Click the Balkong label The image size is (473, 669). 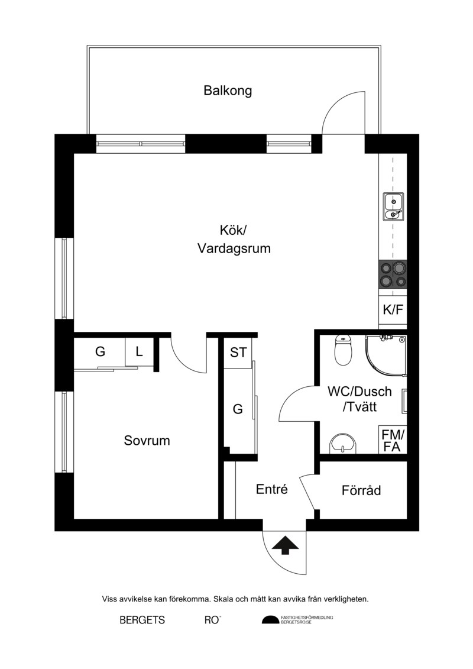[228, 91]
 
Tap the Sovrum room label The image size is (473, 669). [147, 440]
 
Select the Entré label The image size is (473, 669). [272, 489]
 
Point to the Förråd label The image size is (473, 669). [361, 490]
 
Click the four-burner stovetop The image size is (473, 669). [393, 275]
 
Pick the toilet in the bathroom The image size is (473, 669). [343, 350]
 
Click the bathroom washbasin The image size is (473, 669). [343, 444]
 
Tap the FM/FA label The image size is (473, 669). [393, 441]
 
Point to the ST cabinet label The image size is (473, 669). [238, 353]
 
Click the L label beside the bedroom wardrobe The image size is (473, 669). [139, 352]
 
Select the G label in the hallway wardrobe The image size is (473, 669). [238, 409]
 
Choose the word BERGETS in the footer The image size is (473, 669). [142, 620]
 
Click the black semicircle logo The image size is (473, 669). [270, 620]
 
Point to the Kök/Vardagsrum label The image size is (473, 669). [234, 240]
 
